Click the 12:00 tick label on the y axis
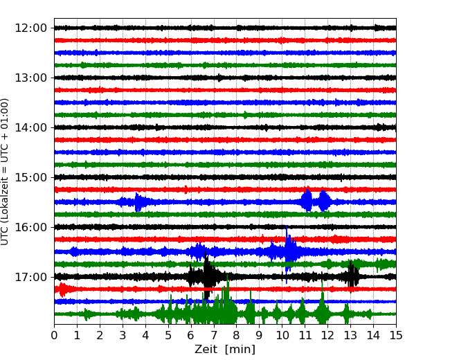(30, 28)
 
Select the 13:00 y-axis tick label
(30, 78)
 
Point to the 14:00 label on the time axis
(30, 127)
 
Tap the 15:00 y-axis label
(30, 177)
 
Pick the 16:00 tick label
(30, 227)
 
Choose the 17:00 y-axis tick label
(30, 277)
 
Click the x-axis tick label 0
(54, 335)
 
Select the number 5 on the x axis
(168, 335)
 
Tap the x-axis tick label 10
(282, 335)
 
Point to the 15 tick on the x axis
(396, 335)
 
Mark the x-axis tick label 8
(237, 335)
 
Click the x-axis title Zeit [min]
(225, 350)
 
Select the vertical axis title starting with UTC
(5, 172)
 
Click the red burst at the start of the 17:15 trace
(62, 289)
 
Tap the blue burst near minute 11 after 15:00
(307, 200)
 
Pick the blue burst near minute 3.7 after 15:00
(138, 202)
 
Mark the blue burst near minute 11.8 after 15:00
(324, 200)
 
